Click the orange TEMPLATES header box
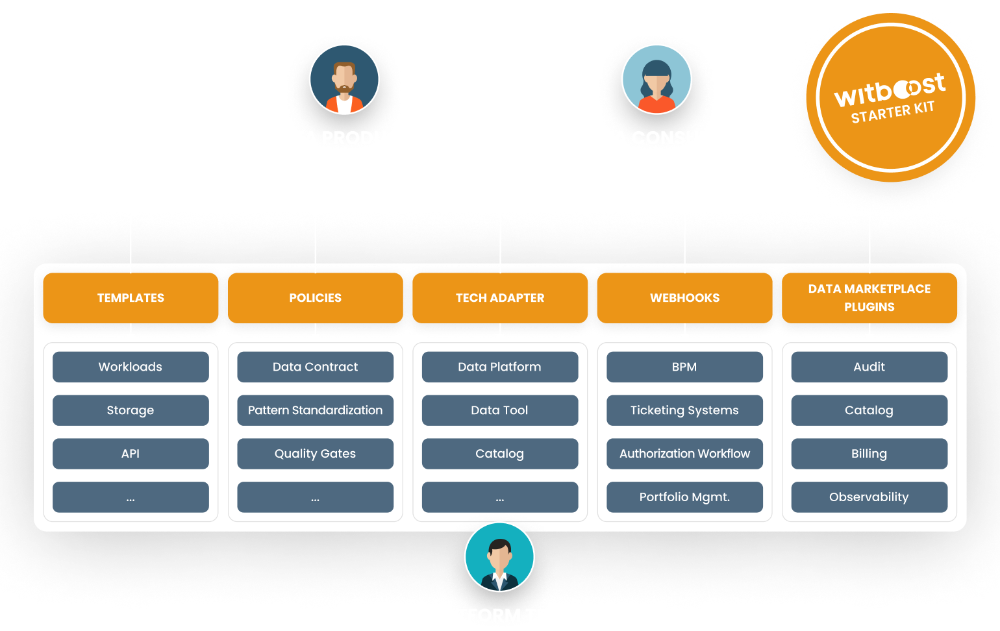tap(131, 297)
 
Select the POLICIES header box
tap(315, 297)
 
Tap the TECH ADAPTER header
tap(500, 297)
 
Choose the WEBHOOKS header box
tap(684, 297)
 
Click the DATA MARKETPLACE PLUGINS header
tap(869, 297)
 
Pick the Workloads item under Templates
tap(131, 367)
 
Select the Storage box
tap(131, 410)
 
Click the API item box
tap(131, 454)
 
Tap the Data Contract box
tap(315, 367)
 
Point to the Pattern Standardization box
tap(315, 410)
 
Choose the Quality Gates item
tap(315, 454)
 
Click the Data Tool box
tap(500, 410)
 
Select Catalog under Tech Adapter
tap(500, 454)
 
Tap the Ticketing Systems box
tap(684, 410)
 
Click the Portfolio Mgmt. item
tap(684, 497)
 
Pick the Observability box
tap(869, 497)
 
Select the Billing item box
tap(869, 454)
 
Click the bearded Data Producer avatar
tap(344, 79)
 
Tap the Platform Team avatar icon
tap(499, 557)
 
